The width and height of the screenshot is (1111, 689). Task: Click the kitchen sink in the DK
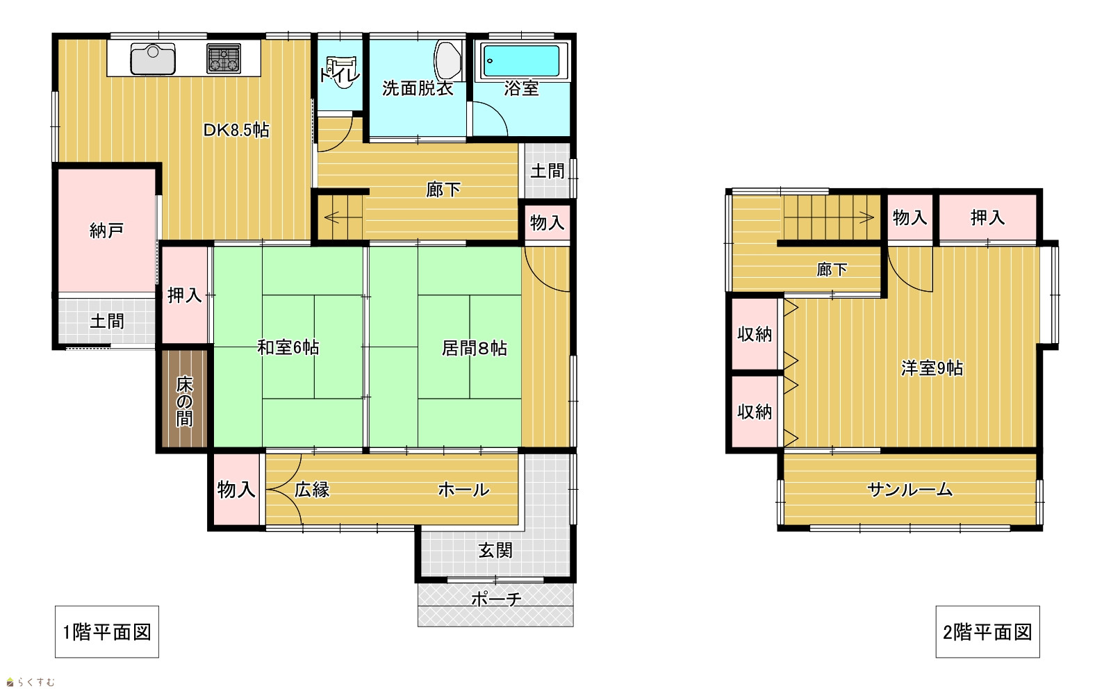point(153,59)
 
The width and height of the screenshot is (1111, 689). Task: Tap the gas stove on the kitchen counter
point(224,58)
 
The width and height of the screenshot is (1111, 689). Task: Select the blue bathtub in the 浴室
point(521,61)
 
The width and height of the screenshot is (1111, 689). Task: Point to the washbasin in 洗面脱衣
point(448,60)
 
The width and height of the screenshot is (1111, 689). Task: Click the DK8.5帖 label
point(236,131)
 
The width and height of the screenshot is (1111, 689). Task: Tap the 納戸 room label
point(106,231)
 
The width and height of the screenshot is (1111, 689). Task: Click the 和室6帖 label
point(288,347)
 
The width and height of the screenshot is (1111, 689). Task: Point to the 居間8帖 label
point(474,349)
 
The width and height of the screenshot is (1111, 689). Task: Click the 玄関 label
point(495,550)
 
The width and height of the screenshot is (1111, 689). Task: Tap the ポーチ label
point(496,599)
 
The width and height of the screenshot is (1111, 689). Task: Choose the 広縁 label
point(312,490)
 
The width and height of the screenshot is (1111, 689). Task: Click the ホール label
point(463,490)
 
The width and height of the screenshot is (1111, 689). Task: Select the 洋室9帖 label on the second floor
point(932,368)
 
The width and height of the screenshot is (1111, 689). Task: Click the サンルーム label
point(910,490)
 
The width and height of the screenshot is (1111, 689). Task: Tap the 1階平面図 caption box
point(106,632)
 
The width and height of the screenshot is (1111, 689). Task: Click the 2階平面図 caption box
point(987,632)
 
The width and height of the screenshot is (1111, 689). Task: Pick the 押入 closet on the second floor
point(987,217)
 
